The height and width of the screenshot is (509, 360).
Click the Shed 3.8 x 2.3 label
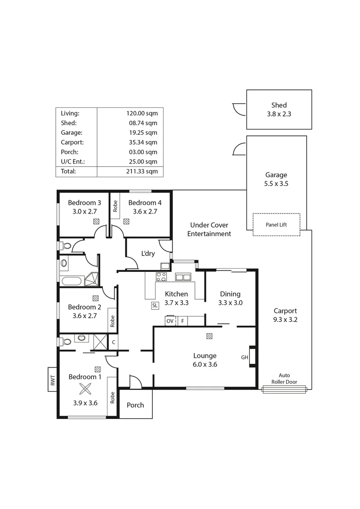point(279,109)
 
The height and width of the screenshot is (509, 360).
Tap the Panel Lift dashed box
point(276,225)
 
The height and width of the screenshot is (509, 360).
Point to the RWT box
point(52,379)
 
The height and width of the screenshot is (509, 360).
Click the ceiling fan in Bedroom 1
point(85,389)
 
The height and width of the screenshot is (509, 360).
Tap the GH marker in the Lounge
point(245,357)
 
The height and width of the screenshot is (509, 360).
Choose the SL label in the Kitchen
point(155,305)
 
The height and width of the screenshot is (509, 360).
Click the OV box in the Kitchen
point(170,321)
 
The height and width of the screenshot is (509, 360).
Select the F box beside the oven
point(183,321)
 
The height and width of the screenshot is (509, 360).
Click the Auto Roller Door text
point(284,378)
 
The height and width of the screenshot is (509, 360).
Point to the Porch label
point(135,405)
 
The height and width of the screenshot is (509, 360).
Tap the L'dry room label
point(148,254)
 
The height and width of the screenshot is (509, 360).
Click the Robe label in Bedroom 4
point(115,206)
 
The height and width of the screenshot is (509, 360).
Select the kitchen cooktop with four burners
point(161,277)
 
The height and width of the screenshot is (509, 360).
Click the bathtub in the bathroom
point(72,282)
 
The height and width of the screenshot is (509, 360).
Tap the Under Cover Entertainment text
point(209,230)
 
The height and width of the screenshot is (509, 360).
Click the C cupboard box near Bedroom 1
point(113,342)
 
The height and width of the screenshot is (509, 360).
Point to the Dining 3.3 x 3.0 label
point(230,299)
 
